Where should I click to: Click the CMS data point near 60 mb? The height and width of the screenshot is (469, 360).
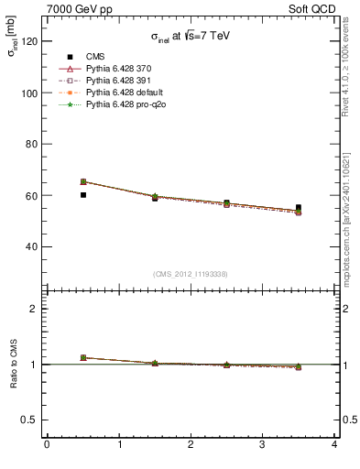pos(83,195)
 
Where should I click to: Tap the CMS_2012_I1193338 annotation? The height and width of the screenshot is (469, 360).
pos(191,273)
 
